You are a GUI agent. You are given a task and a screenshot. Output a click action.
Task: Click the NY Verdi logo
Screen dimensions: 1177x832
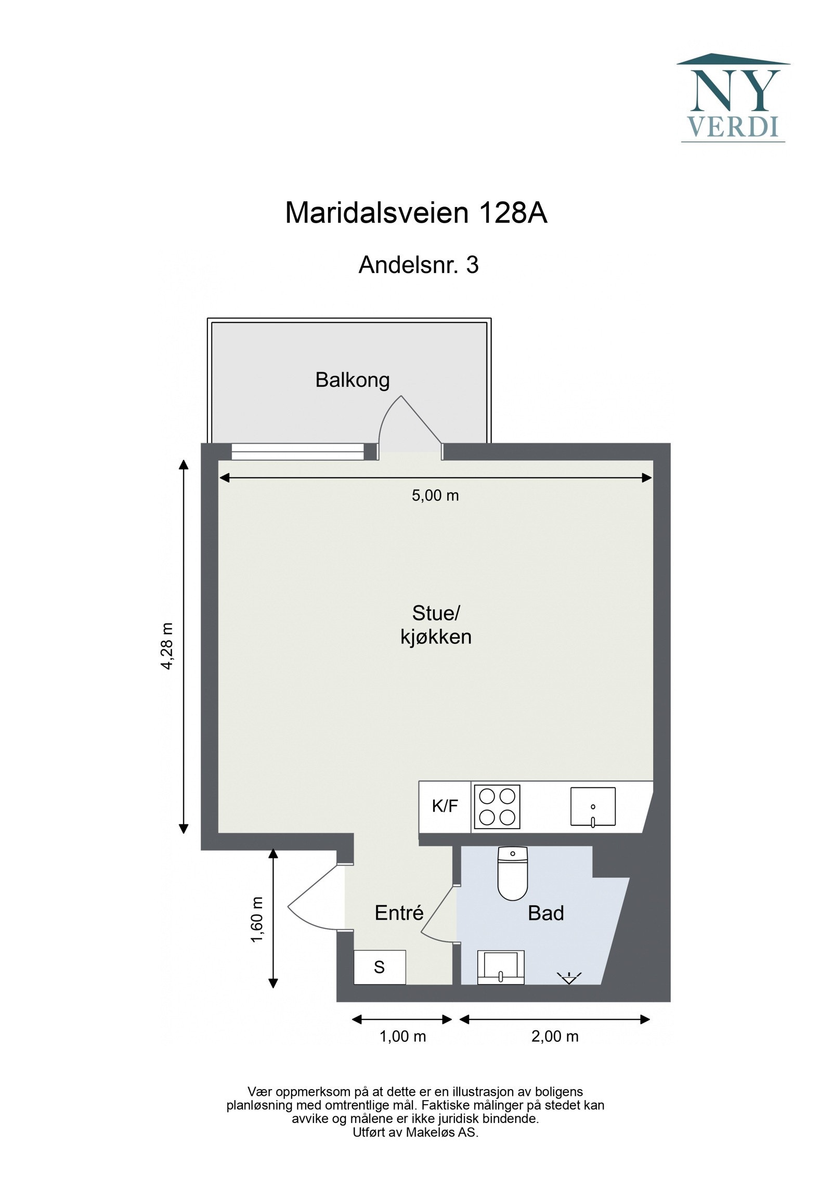(x=732, y=99)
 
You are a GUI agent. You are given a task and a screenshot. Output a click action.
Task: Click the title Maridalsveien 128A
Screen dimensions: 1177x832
(x=416, y=213)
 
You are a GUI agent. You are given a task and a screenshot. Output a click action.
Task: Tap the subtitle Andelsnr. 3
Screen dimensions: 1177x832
(x=418, y=265)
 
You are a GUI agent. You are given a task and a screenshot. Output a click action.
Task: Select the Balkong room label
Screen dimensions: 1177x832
(x=352, y=380)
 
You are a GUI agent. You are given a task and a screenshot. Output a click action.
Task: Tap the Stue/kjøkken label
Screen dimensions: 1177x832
(x=436, y=625)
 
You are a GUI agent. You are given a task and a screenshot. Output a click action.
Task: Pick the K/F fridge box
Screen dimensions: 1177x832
(x=445, y=806)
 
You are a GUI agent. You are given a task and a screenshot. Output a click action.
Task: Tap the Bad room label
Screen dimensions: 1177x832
(x=545, y=913)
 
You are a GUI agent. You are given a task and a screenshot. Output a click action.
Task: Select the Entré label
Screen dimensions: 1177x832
(x=399, y=913)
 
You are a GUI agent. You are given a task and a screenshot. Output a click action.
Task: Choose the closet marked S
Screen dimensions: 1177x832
(x=380, y=967)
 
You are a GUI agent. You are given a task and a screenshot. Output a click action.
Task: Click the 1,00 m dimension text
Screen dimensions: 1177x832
(x=402, y=1037)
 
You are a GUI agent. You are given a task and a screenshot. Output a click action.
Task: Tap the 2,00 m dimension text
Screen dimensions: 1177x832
(x=555, y=1037)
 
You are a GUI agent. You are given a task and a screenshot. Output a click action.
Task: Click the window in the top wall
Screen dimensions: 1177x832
(x=297, y=451)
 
